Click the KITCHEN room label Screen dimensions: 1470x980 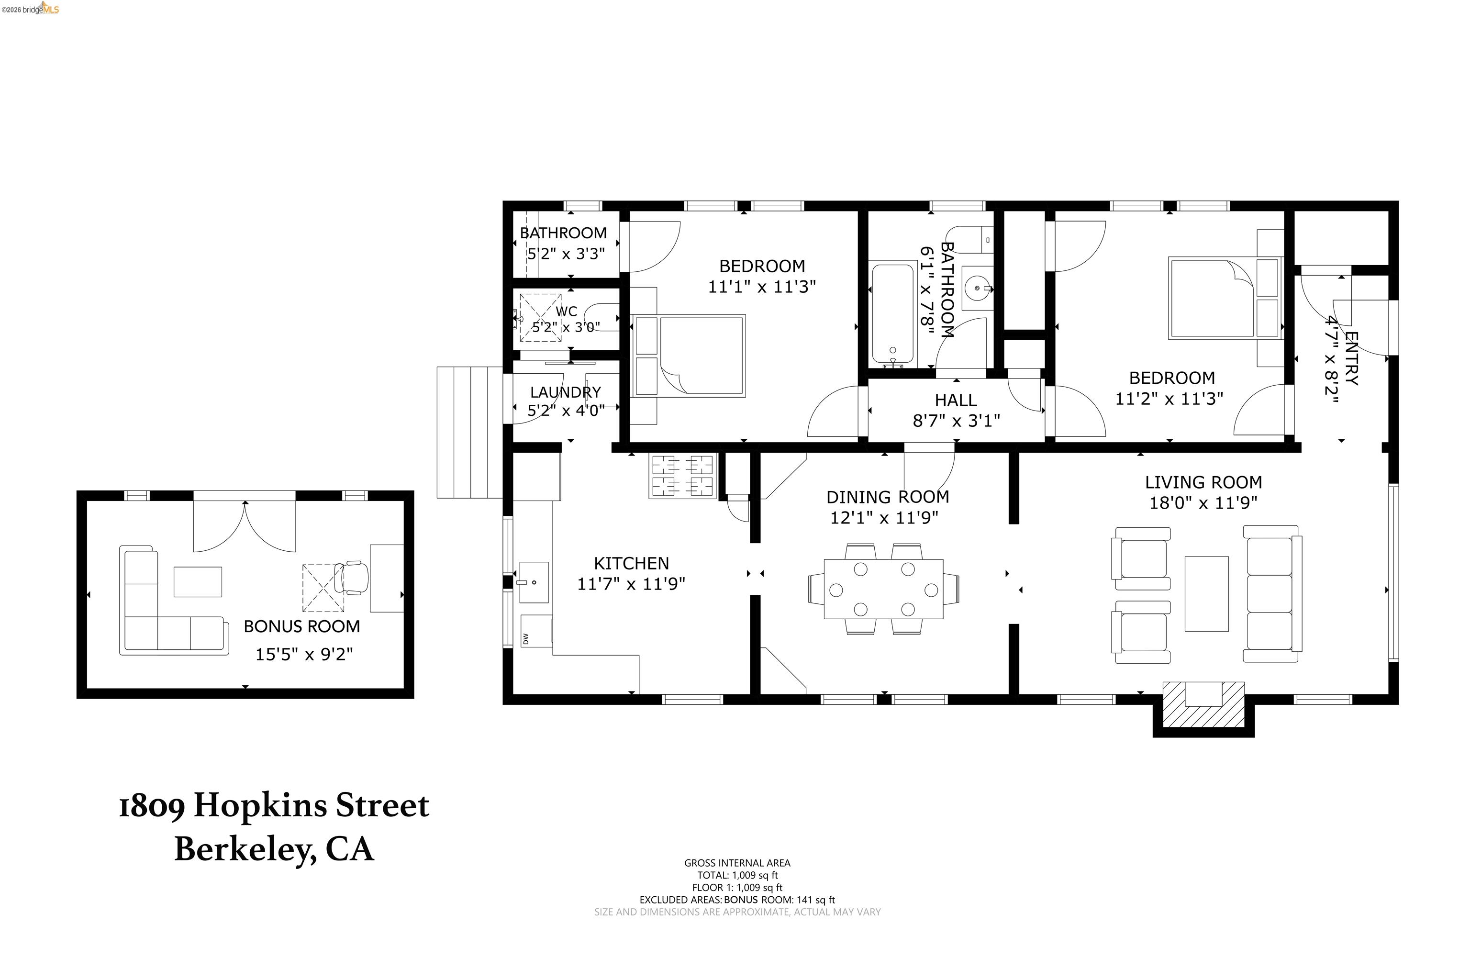[x=631, y=564]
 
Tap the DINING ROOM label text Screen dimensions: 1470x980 [x=888, y=498]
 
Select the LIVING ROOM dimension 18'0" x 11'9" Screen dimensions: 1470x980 [x=1203, y=503]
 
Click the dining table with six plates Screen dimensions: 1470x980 [x=883, y=589]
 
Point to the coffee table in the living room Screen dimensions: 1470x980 [x=1206, y=594]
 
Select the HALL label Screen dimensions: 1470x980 [x=956, y=400]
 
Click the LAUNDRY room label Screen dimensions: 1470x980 [x=566, y=392]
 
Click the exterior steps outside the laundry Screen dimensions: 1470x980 [x=469, y=433]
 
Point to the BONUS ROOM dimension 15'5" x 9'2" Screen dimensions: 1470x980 [x=304, y=655]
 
